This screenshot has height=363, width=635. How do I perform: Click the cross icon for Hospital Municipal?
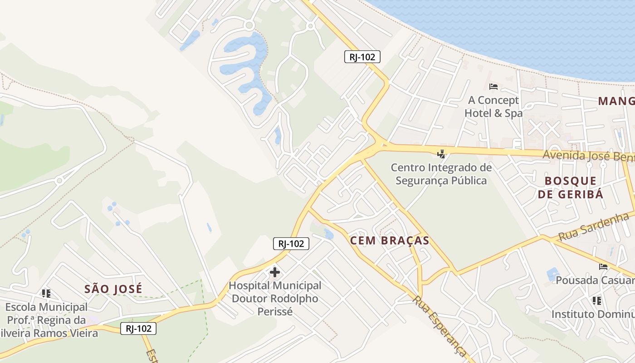coord(275,272)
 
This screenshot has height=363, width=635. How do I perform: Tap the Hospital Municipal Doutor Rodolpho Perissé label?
coord(275,299)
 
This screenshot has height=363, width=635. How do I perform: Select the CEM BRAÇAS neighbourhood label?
coord(390,240)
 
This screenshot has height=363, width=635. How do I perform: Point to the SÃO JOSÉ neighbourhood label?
coord(113,289)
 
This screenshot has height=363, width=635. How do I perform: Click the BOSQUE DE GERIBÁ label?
coord(571,187)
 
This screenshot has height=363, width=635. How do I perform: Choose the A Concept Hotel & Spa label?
coord(493,107)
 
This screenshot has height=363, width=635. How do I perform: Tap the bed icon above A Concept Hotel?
coord(493,86)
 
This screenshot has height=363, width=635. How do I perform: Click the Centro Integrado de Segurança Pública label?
coord(441,174)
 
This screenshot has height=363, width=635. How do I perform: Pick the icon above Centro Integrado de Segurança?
coord(441,154)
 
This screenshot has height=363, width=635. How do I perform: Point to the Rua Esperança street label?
coord(439,326)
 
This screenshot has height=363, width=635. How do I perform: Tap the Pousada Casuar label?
coord(595,280)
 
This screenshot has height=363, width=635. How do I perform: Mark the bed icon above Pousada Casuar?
coord(603,266)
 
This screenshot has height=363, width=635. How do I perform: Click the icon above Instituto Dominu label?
coord(597,300)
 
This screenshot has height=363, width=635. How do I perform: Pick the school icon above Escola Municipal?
coord(46,294)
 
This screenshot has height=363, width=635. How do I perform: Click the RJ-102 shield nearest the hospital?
coord(291,244)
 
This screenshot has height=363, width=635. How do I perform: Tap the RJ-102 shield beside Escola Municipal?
coord(138,329)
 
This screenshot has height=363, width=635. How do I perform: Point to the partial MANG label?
coord(616,101)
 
